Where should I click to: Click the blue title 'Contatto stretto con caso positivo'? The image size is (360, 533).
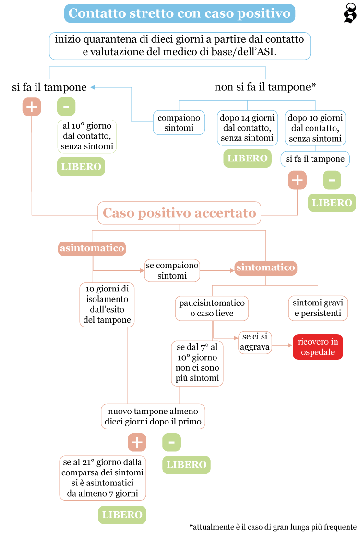click(x=180, y=13)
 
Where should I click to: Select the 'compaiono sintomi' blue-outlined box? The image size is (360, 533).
click(x=179, y=123)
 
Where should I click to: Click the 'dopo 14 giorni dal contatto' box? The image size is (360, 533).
click(x=247, y=128)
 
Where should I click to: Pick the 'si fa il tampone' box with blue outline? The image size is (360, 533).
click(x=315, y=159)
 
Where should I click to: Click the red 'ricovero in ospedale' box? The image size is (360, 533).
click(x=318, y=347)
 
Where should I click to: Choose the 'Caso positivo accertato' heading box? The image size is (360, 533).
click(x=180, y=213)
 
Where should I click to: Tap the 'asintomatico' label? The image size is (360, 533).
click(x=92, y=248)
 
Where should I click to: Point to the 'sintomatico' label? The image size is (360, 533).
click(x=265, y=267)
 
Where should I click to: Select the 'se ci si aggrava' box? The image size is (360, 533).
click(x=255, y=342)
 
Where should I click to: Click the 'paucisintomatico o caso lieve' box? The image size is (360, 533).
click(x=212, y=308)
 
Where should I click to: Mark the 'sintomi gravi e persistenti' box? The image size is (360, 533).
click(x=318, y=308)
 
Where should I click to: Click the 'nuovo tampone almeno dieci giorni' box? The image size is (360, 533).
click(x=153, y=416)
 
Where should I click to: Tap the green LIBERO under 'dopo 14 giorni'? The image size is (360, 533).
click(x=247, y=158)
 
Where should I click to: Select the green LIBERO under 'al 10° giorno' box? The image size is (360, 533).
click(x=81, y=167)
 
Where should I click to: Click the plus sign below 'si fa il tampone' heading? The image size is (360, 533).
click(x=32, y=107)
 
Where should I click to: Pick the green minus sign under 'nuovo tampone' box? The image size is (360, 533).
click(x=171, y=442)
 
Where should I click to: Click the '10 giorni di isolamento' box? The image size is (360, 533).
click(x=107, y=304)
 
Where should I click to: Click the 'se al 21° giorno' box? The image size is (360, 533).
click(x=103, y=478)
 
